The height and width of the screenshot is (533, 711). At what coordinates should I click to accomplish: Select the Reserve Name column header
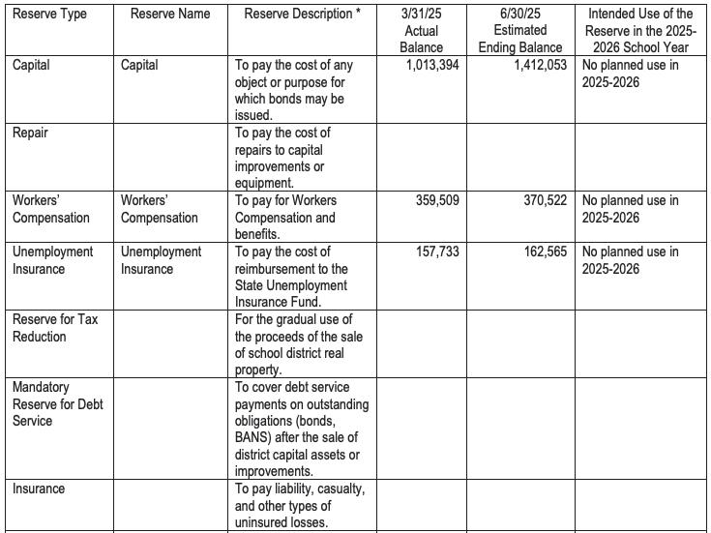tap(170, 15)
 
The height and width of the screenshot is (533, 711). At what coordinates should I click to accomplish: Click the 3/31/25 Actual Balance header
tap(421, 31)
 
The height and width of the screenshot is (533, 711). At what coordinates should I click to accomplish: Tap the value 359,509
tap(436, 201)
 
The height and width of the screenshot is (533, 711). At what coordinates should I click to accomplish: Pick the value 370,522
tap(535, 201)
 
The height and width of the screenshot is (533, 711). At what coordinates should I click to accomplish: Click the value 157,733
tap(436, 252)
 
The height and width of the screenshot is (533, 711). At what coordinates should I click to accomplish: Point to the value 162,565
tap(535, 252)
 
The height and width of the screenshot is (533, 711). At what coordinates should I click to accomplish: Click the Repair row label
tap(30, 133)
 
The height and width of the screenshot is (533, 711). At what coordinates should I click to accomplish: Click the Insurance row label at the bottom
tap(39, 489)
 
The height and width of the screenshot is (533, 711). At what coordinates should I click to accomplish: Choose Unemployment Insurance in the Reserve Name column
tap(161, 260)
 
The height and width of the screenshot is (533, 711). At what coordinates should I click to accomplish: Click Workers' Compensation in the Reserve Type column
tap(51, 209)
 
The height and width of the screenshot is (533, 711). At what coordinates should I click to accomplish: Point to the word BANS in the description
tap(253, 438)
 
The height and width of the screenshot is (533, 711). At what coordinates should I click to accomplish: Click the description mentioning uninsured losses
tap(300, 506)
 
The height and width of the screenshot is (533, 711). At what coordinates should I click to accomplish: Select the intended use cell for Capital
tap(630, 74)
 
